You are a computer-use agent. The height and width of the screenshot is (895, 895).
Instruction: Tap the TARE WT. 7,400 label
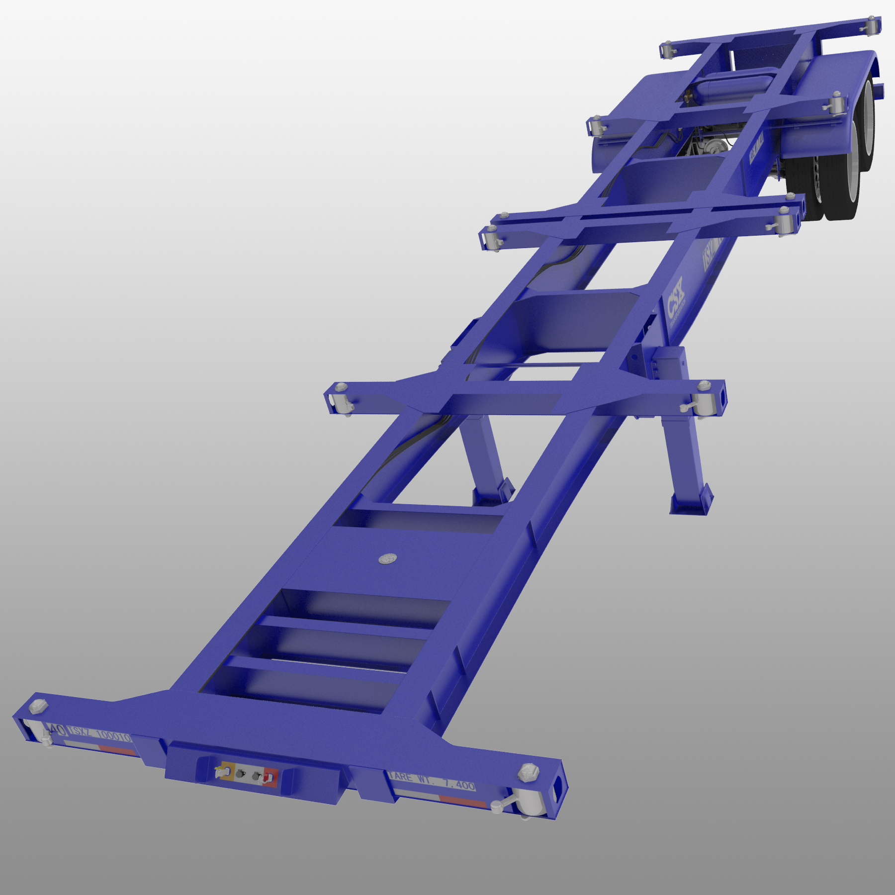tap(432, 782)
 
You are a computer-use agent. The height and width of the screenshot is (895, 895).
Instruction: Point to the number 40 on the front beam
tap(57, 729)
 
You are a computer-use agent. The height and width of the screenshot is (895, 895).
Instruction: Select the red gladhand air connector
tap(270, 777)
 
